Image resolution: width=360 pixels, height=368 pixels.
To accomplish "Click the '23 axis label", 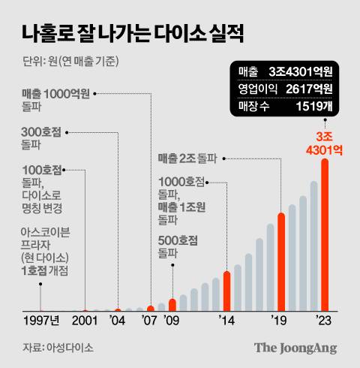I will click(323, 321).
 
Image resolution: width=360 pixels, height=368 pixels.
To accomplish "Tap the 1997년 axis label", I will click(39, 321).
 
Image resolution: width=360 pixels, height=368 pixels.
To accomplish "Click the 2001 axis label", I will click(83, 321).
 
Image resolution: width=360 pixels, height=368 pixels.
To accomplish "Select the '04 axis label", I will click(118, 321).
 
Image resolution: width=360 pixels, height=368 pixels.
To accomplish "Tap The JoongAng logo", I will click(295, 348).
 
